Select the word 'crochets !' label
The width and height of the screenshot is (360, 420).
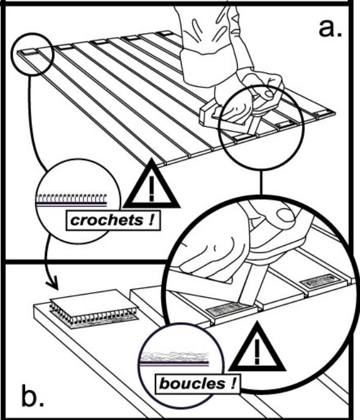tap(112, 221)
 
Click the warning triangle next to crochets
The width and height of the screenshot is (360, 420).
tap(151, 187)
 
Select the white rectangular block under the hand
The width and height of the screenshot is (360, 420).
tap(213, 116)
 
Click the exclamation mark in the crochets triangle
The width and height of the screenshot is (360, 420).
tap(151, 190)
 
